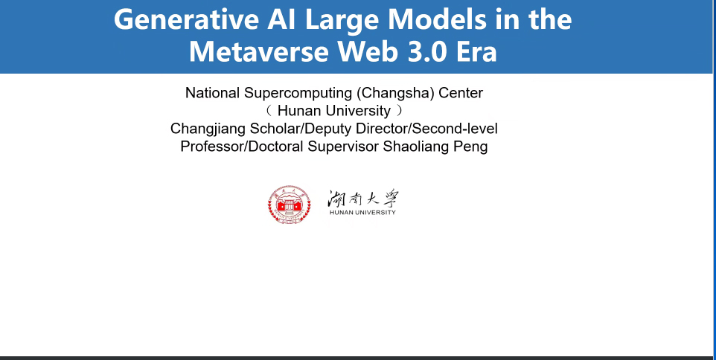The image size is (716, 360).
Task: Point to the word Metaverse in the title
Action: tap(258, 51)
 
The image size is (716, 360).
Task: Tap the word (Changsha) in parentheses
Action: tap(395, 93)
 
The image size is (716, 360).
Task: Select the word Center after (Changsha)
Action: tap(461, 93)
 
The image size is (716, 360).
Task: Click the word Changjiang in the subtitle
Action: tap(208, 129)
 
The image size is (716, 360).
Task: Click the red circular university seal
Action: tap(289, 205)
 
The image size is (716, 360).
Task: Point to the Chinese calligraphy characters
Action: tap(362, 199)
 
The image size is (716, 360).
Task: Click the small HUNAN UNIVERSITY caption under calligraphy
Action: tap(362, 213)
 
